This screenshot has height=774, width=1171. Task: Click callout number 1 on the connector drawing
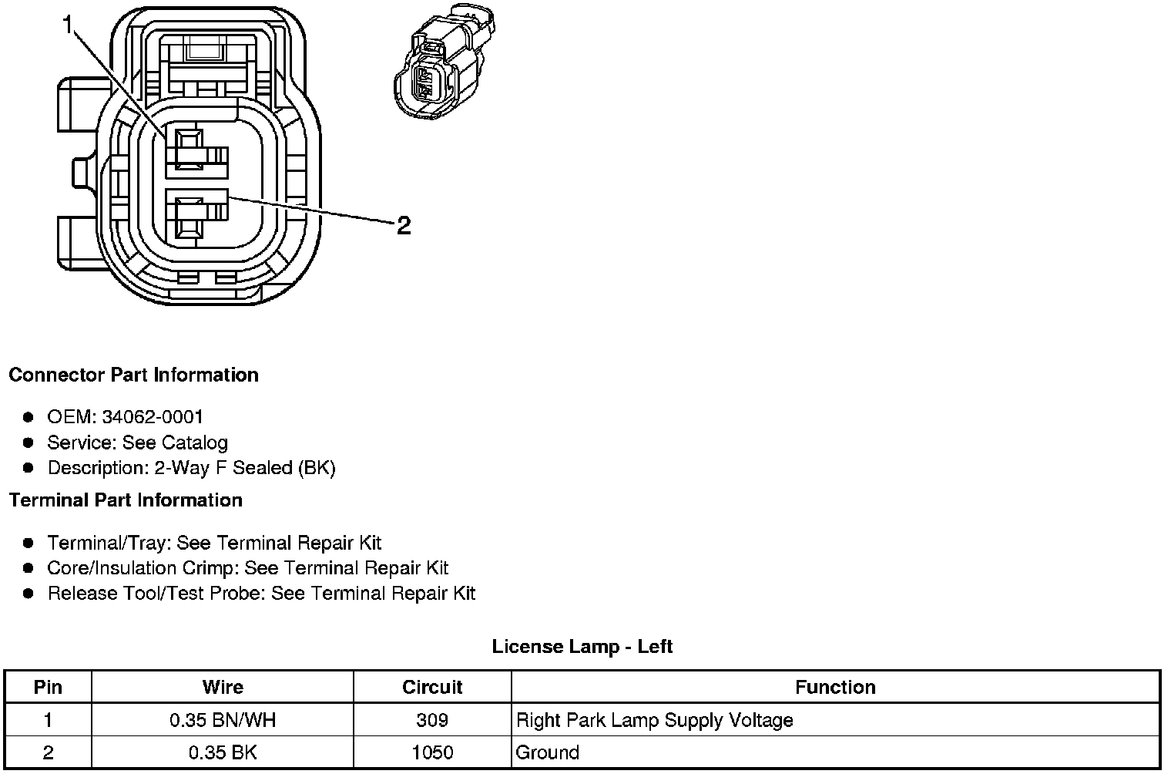pyautogui.click(x=69, y=26)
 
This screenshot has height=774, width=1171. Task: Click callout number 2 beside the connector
pyautogui.click(x=404, y=226)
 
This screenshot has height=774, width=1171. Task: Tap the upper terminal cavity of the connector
pyautogui.click(x=190, y=148)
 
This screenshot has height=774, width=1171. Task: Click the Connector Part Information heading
pyautogui.click(x=133, y=375)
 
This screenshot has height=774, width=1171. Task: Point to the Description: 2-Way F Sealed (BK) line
pyautogui.click(x=191, y=468)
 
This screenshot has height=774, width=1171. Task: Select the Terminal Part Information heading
pyautogui.click(x=126, y=500)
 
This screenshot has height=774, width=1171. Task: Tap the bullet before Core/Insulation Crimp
pyautogui.click(x=29, y=569)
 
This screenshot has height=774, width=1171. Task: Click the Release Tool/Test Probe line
pyautogui.click(x=261, y=594)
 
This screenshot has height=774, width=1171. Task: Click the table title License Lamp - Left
pyautogui.click(x=582, y=646)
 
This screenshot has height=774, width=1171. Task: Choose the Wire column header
pyautogui.click(x=223, y=687)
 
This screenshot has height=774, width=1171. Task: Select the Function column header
pyautogui.click(x=835, y=687)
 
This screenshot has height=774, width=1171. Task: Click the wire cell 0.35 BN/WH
pyautogui.click(x=223, y=720)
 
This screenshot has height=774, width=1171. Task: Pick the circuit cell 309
pyautogui.click(x=432, y=720)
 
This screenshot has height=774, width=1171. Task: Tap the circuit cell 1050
pyautogui.click(x=432, y=752)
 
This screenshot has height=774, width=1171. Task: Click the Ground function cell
pyautogui.click(x=547, y=752)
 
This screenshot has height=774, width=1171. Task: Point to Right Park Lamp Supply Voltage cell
pyautogui.click(x=654, y=720)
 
